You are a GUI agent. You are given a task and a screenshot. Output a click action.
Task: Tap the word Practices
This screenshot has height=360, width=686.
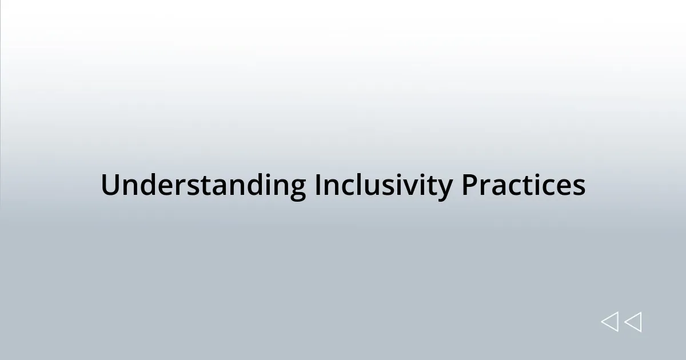523,185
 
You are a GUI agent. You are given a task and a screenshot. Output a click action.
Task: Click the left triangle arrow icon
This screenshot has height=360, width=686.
609,322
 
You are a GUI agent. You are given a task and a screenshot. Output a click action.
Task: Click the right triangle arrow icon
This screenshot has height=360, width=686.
633,322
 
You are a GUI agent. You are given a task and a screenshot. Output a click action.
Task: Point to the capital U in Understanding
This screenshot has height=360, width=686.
110,185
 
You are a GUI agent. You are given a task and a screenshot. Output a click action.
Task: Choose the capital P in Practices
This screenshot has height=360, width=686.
469,185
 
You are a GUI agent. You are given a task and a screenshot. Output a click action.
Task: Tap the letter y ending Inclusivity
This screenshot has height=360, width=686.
444,189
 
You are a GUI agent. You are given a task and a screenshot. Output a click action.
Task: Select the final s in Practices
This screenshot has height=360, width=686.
579,187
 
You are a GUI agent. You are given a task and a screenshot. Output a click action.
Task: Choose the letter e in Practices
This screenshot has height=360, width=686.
565,187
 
